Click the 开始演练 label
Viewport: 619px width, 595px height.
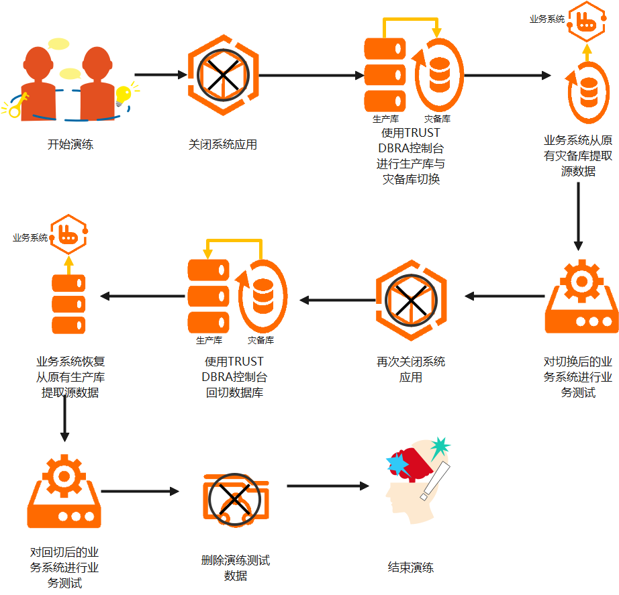70,144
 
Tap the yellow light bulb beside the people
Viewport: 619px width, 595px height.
123,95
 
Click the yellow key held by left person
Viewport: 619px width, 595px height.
17,105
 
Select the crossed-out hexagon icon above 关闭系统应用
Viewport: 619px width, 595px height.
222,76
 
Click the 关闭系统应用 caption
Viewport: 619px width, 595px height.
222,144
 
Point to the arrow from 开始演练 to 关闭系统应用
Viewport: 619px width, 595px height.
161,75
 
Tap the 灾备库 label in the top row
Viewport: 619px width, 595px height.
437,119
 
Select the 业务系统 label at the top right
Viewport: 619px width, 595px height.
546,19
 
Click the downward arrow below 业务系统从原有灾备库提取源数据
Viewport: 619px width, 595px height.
578,215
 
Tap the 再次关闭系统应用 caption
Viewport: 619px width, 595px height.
411,369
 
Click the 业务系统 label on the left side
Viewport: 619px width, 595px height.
30,237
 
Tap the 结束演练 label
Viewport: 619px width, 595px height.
411,567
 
